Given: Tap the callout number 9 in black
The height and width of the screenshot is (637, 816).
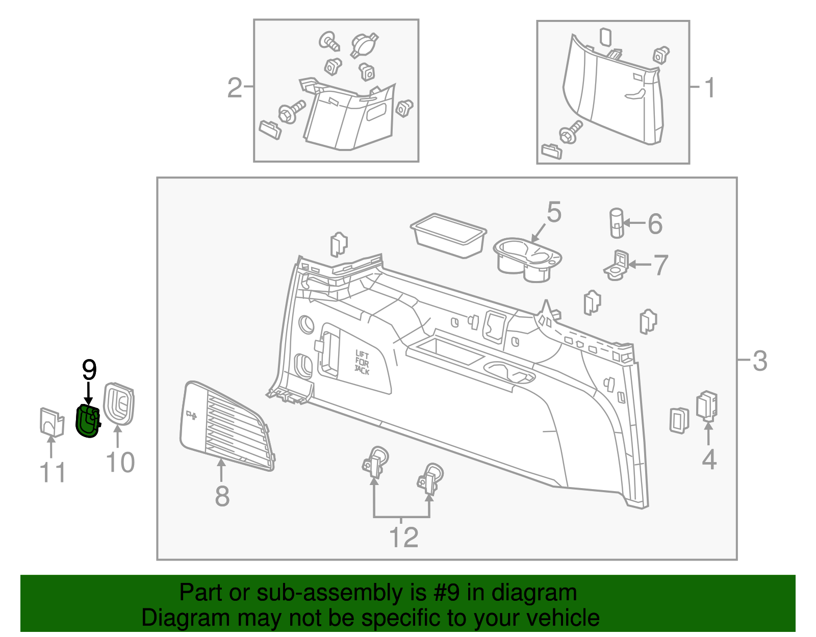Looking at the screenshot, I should pos(89,370).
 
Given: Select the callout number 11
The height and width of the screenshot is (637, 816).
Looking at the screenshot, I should pos(53,473).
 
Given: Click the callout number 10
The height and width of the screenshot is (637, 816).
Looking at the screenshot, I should pos(120,463).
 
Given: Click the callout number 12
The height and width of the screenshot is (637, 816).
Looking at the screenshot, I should pos(403,538).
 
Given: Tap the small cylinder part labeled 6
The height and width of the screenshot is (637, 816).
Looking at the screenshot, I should pos(617,223).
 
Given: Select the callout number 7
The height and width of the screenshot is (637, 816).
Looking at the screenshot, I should pos(660,265).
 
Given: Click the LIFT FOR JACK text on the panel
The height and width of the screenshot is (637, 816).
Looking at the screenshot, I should pos(362,363).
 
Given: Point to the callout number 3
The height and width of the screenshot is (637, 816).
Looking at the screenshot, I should pos(759,361).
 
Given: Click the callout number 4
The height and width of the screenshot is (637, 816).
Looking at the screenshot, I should pos(709,460).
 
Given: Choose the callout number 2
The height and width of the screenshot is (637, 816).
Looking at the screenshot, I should pos(235,88).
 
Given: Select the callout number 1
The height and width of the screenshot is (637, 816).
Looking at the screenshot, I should pos(710,88).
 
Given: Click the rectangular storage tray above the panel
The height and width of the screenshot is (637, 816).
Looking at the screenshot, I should pos(448,235).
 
